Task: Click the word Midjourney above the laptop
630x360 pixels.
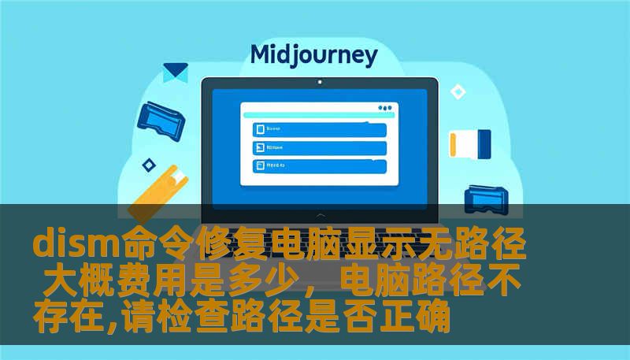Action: click(313, 55)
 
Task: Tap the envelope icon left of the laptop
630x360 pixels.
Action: click(175, 72)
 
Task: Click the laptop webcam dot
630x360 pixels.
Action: click(319, 82)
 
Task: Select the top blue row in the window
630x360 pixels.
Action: click(320, 129)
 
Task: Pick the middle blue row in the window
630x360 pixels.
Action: click(320, 147)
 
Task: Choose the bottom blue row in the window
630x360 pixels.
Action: click(320, 165)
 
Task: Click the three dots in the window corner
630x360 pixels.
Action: click(385, 108)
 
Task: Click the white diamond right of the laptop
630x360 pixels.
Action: click(458, 91)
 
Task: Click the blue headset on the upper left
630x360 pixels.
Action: click(161, 117)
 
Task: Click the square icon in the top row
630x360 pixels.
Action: click(258, 129)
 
